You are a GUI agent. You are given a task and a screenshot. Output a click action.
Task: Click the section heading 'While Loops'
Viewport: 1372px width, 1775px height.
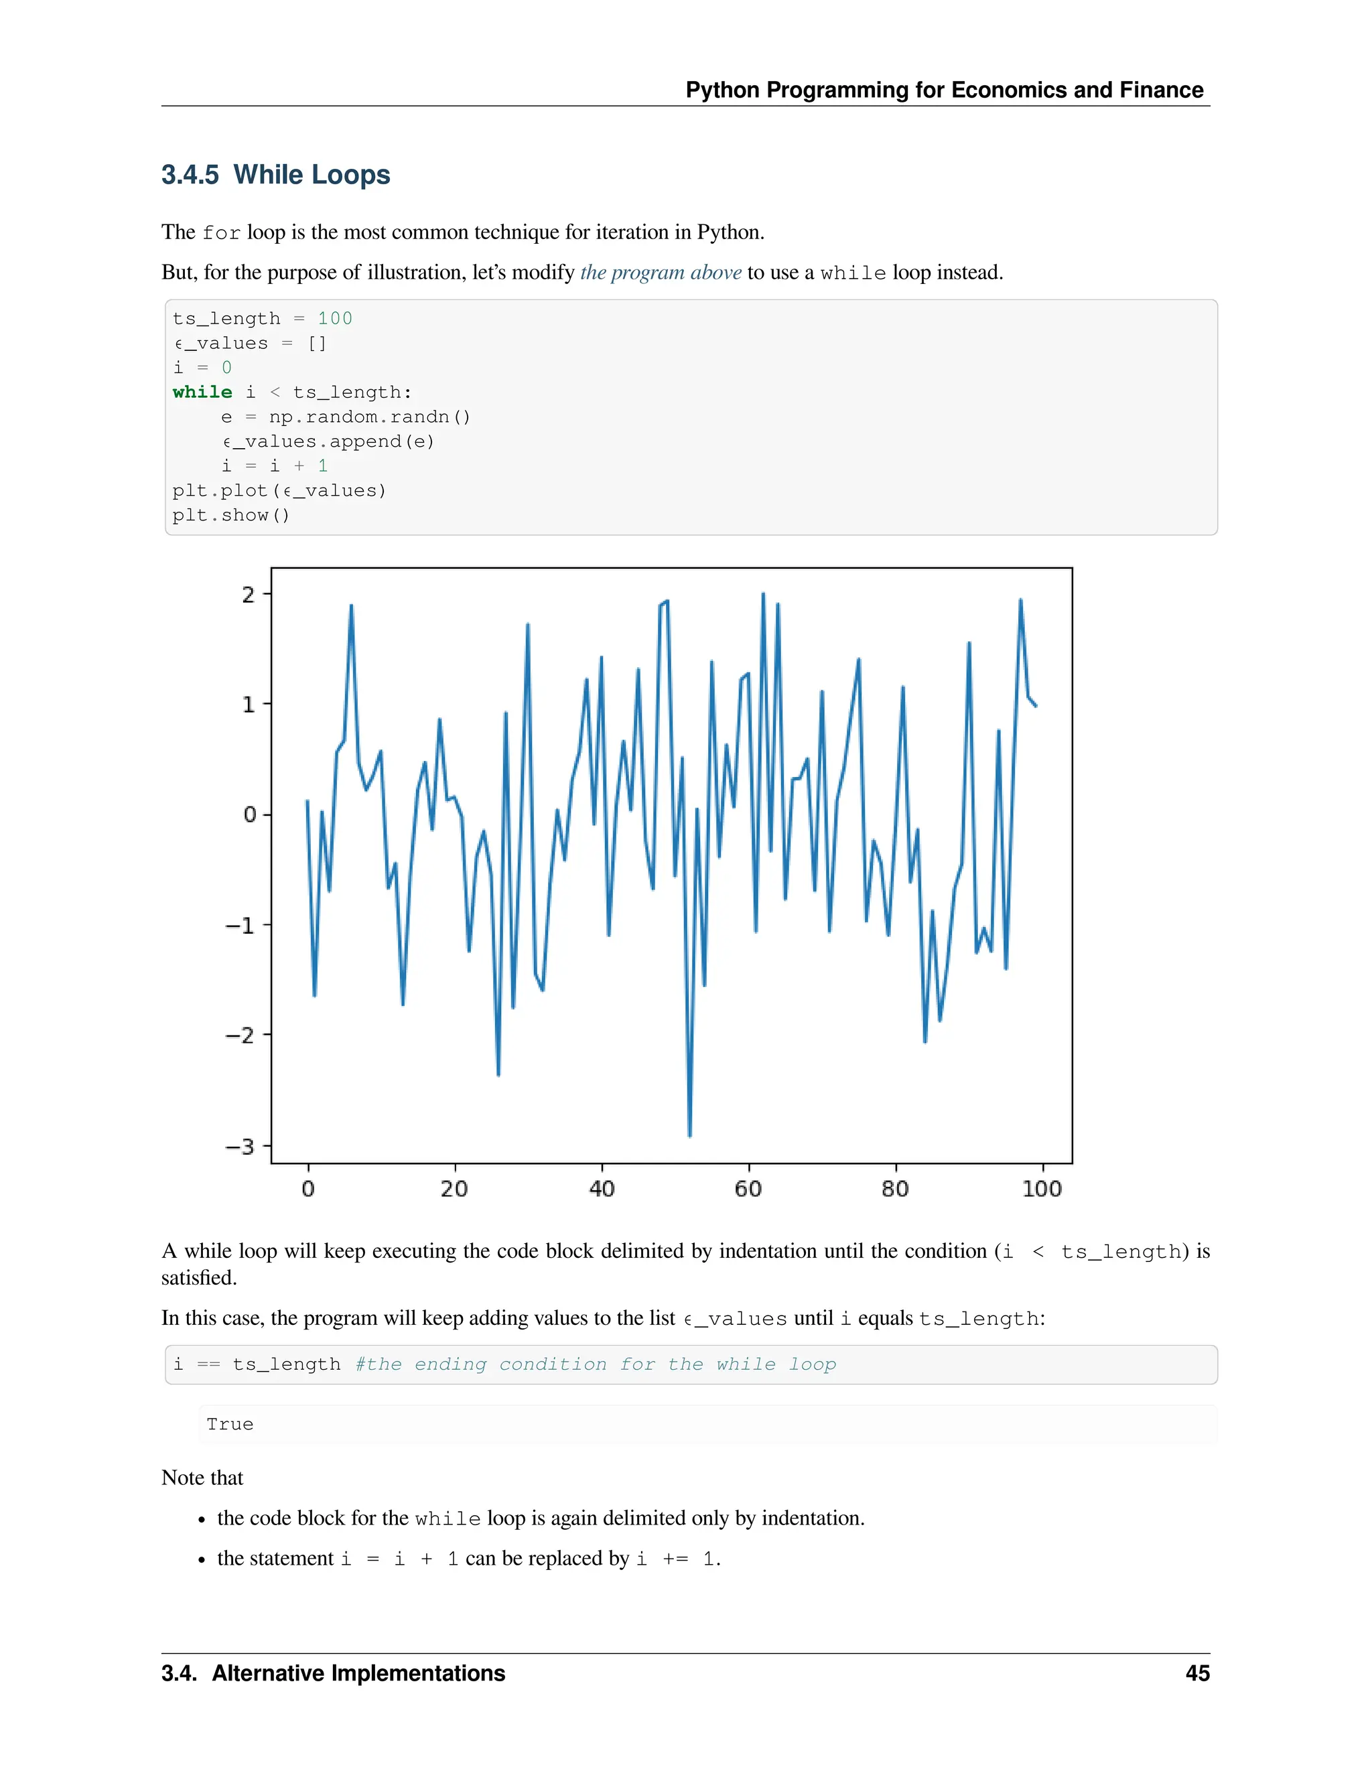(312, 175)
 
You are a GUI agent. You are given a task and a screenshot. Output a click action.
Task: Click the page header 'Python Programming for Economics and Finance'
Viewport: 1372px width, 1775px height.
(944, 90)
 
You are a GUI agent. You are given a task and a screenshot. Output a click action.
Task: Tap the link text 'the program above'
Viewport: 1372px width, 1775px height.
(660, 272)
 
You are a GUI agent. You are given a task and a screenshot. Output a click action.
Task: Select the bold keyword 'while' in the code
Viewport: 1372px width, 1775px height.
(202, 393)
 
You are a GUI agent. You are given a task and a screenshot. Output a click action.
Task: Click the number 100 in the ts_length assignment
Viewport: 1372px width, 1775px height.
(335, 319)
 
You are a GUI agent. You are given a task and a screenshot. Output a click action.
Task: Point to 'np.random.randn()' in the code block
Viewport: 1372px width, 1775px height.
(370, 417)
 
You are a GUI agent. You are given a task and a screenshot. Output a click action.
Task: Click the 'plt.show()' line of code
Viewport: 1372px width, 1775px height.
(231, 515)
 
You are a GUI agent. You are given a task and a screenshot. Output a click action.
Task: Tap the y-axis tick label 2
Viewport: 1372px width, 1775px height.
(248, 595)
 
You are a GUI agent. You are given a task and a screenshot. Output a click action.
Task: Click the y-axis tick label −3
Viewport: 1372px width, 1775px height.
(240, 1146)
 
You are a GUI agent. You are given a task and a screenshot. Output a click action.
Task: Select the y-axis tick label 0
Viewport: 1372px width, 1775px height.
(249, 814)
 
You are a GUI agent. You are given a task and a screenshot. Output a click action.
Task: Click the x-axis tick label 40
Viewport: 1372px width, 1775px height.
(602, 1189)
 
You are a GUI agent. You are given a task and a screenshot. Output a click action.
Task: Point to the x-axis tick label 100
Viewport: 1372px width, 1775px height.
(1042, 1189)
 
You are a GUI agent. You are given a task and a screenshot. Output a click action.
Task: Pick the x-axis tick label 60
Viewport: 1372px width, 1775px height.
(748, 1189)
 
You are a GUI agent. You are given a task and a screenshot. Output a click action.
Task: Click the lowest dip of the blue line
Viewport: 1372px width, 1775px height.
(689, 1135)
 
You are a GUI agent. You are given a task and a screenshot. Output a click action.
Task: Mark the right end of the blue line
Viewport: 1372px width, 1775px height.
(1036, 705)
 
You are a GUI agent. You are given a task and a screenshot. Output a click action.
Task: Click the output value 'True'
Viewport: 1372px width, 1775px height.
(230, 1424)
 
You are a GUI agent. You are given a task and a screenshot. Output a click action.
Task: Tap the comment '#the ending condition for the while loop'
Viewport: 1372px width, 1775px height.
(596, 1364)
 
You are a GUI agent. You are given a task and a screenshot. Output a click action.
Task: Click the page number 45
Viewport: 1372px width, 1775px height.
(1197, 1673)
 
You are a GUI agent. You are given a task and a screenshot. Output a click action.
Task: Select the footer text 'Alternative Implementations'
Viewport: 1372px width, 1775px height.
(358, 1673)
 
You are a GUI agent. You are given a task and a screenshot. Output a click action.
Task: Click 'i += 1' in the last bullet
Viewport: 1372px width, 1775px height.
(675, 1559)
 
